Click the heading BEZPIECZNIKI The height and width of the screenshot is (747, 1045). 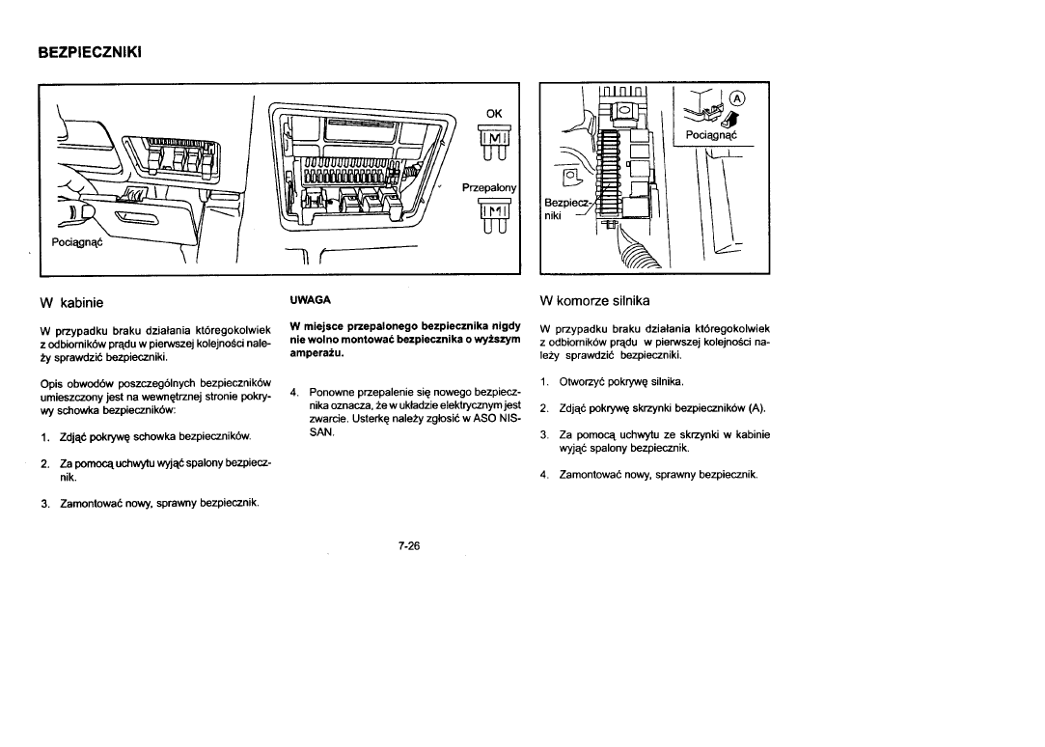click(x=90, y=51)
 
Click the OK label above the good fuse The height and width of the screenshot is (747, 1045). click(x=494, y=112)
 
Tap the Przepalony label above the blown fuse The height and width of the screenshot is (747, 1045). click(x=490, y=187)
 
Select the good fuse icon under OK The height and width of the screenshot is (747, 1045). click(x=493, y=147)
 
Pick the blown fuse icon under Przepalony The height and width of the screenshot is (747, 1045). click(x=493, y=219)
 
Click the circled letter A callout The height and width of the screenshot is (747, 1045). click(x=738, y=97)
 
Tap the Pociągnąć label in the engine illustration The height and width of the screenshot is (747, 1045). click(x=709, y=135)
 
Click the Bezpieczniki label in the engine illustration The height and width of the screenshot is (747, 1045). click(x=564, y=209)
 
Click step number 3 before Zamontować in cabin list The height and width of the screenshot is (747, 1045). click(x=45, y=503)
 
